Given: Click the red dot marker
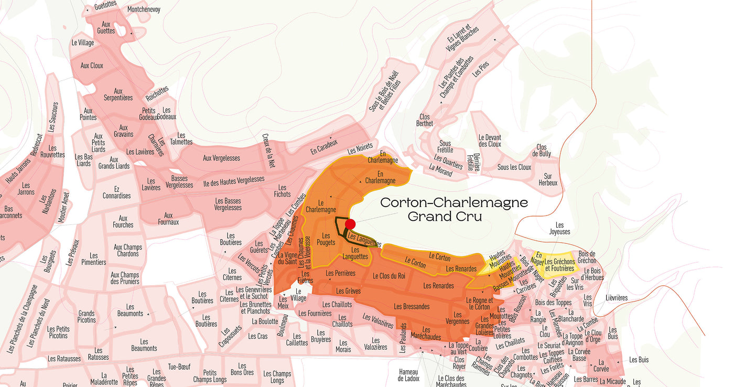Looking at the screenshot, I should [350, 224].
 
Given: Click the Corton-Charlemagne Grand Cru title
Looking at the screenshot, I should [454, 209].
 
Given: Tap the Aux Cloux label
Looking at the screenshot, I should [92, 66].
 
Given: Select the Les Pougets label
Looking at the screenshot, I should [326, 240].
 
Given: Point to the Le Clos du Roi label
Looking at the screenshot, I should [388, 276].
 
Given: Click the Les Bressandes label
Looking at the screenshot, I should [412, 307].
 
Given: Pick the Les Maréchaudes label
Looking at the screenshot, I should [426, 334].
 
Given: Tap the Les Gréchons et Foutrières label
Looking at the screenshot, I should [559, 265].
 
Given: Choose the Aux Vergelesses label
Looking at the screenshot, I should [221, 158].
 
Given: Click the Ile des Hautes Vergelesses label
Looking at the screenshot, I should [233, 180].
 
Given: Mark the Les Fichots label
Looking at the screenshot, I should [282, 191].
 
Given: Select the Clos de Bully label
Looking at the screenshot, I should [542, 150].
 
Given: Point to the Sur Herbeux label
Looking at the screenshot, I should [548, 180].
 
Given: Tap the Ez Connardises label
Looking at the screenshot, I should [116, 192].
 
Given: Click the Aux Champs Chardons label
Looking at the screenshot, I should [128, 251].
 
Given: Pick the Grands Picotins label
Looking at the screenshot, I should [87, 317].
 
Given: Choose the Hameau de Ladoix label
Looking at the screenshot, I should [408, 375].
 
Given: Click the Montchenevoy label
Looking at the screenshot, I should [144, 9].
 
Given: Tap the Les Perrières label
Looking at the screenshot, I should [340, 273].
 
